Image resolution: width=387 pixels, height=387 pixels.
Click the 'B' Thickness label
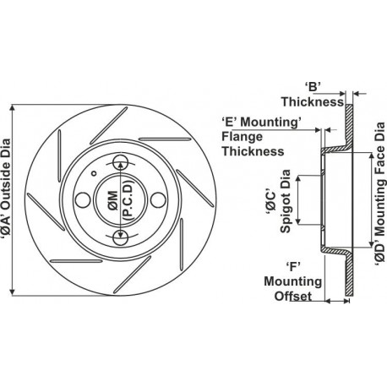click(x=313, y=95)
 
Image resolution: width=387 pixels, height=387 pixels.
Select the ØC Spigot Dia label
click(x=279, y=201)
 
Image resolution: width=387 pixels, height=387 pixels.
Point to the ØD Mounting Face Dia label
click(x=380, y=194)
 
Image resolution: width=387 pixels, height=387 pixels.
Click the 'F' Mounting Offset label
click(x=293, y=281)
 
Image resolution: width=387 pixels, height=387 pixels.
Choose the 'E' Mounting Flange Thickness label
click(x=261, y=137)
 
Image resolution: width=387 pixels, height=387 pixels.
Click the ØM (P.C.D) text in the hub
click(x=120, y=201)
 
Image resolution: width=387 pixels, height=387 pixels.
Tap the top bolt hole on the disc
click(x=121, y=162)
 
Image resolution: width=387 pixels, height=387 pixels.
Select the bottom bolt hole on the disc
click(x=121, y=238)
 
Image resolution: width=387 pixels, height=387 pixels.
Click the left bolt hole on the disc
click(x=83, y=200)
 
